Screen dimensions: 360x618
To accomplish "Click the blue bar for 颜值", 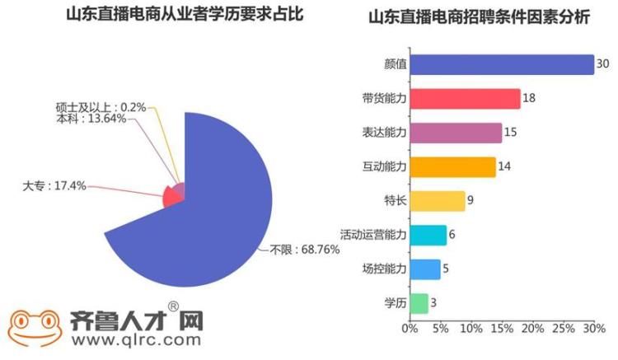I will click(501, 64).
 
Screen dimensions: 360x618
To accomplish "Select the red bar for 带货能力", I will click(465, 98).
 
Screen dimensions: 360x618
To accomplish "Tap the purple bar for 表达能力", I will click(456, 133).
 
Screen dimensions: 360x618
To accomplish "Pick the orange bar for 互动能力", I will click(452, 166).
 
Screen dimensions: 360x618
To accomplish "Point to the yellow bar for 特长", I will click(437, 201).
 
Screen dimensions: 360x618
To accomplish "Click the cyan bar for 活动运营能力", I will click(428, 235).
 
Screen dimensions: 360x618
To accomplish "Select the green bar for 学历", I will click(419, 303).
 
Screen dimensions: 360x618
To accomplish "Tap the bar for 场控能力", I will click(424, 269).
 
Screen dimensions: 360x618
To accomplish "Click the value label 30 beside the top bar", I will click(602, 64).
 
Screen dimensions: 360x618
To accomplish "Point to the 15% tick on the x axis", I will click(502, 330).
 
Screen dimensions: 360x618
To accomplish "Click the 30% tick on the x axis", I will click(594, 330).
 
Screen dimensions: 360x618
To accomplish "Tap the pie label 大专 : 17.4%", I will click(54, 187).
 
